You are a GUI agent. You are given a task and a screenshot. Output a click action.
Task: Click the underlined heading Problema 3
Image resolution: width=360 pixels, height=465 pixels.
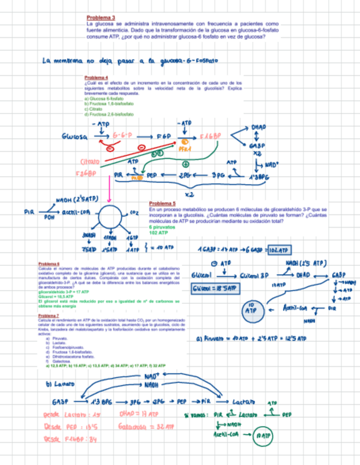[x=100, y=18]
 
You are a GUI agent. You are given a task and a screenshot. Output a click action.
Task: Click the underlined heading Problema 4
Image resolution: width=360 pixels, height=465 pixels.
[x=96, y=78]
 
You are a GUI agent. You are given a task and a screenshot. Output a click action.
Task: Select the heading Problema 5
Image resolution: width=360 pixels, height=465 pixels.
[x=162, y=203]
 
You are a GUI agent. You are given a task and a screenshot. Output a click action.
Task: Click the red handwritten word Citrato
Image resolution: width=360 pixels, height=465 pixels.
[x=89, y=162]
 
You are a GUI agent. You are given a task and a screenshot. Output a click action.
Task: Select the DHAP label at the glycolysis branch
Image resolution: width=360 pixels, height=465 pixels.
[x=258, y=127]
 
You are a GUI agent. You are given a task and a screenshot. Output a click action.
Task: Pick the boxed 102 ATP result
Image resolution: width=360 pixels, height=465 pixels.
[x=279, y=251]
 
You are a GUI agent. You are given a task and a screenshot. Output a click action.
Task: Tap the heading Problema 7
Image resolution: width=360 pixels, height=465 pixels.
[x=49, y=316]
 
